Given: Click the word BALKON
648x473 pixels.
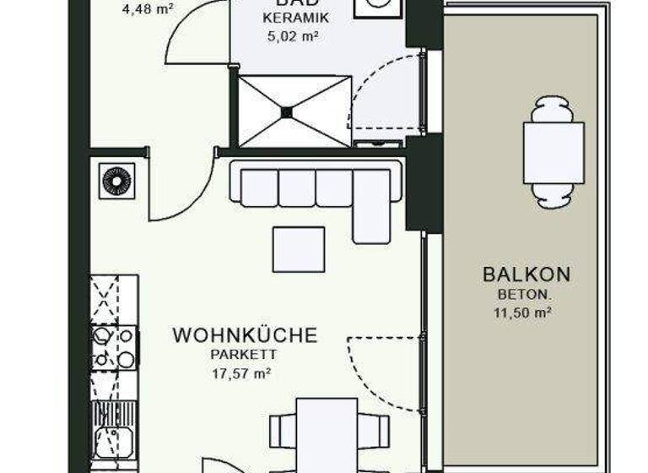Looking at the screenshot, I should [526, 275].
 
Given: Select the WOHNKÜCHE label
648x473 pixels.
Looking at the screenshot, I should [245, 335].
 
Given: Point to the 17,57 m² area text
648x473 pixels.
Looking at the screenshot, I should [245, 372].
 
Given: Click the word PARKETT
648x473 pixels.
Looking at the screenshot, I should [245, 355].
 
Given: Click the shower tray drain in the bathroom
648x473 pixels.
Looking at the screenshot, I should [287, 111].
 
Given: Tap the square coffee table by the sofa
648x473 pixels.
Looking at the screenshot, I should [298, 248].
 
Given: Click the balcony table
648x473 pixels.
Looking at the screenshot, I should [553, 153].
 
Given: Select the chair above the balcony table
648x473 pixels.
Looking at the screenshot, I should [553, 109].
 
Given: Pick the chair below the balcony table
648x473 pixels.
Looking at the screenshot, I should [553, 196].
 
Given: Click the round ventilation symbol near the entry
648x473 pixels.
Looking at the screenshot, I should [116, 181].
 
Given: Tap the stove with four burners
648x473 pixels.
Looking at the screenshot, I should [113, 347].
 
